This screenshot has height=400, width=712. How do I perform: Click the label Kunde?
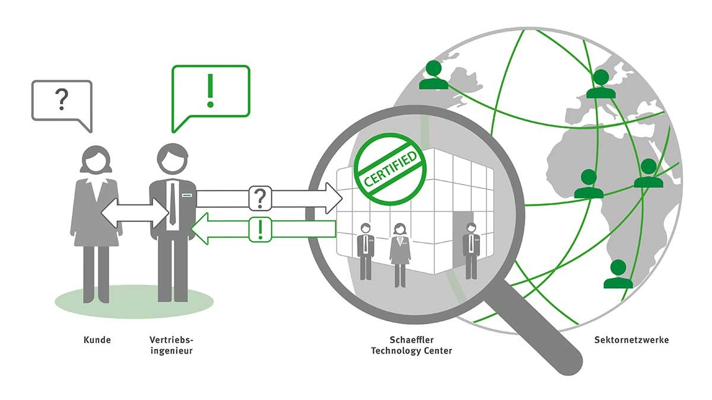pos(97,340)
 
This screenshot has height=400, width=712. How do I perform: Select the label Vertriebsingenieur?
pos(172,345)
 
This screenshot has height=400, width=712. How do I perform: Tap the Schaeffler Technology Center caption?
pos(411,345)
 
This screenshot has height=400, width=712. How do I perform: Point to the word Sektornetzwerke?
pos(631,340)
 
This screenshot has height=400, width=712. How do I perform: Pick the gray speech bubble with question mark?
pos(62,103)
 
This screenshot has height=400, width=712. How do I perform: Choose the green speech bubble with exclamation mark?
pos(210,95)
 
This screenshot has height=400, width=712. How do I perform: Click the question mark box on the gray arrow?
pos(260,199)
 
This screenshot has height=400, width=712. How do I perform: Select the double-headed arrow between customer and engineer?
pos(135,212)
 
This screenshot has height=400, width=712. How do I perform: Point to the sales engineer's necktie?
pos(173,204)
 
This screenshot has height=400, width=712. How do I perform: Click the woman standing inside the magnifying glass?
pos(401,252)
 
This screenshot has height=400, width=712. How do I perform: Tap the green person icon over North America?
pos(434,75)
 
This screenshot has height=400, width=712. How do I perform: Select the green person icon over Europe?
pos(600,85)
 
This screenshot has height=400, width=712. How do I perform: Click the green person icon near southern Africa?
pos(618,274)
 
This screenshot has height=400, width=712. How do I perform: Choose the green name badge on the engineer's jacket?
pos(186,194)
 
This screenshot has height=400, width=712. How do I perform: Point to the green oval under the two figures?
pos(134,299)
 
